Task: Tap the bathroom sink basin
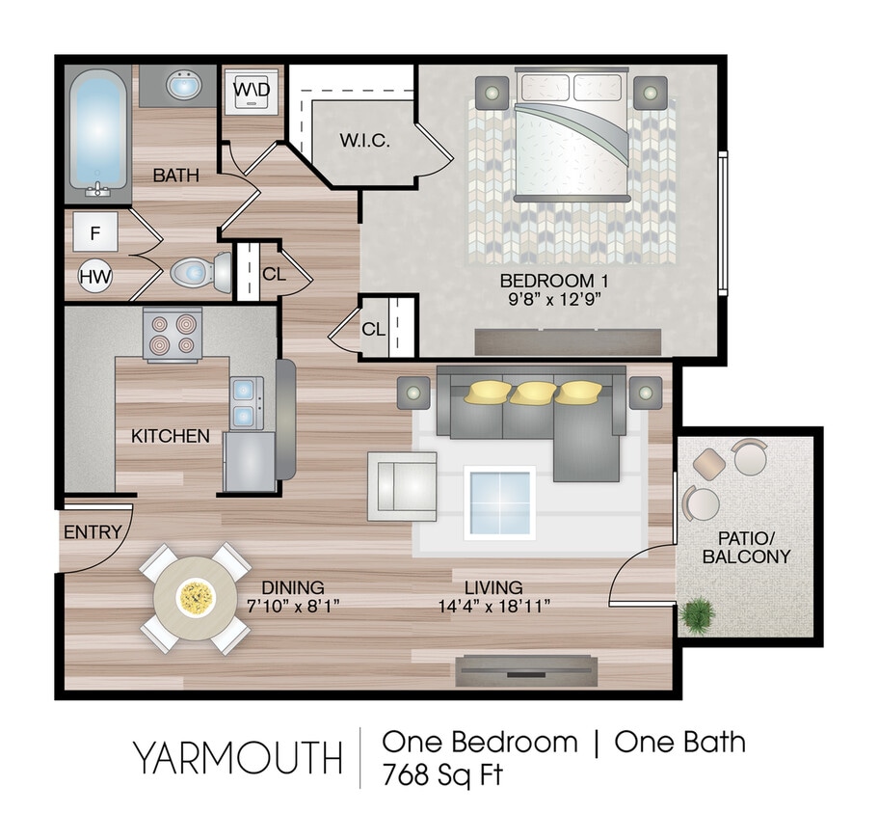(183, 86)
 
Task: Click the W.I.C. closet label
(364, 141)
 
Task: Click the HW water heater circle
(95, 277)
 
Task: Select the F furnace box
(95, 232)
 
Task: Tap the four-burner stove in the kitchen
(173, 334)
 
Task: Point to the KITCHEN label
(171, 436)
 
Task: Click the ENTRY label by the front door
(93, 531)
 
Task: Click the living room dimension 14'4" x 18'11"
(493, 606)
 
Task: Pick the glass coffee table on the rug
(499, 502)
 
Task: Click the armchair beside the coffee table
(401, 486)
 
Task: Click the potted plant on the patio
(698, 612)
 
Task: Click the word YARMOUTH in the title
(237, 759)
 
